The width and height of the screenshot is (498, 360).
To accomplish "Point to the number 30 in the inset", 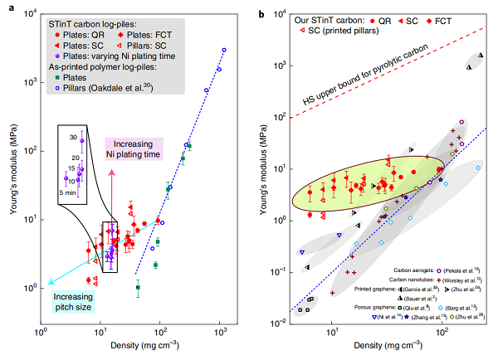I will (72, 137).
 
